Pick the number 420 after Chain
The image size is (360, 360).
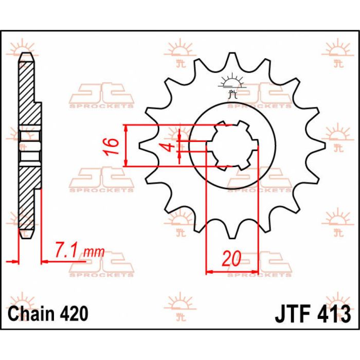[74, 314]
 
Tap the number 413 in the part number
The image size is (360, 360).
[334, 313]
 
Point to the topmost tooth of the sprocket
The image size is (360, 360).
[231, 61]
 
